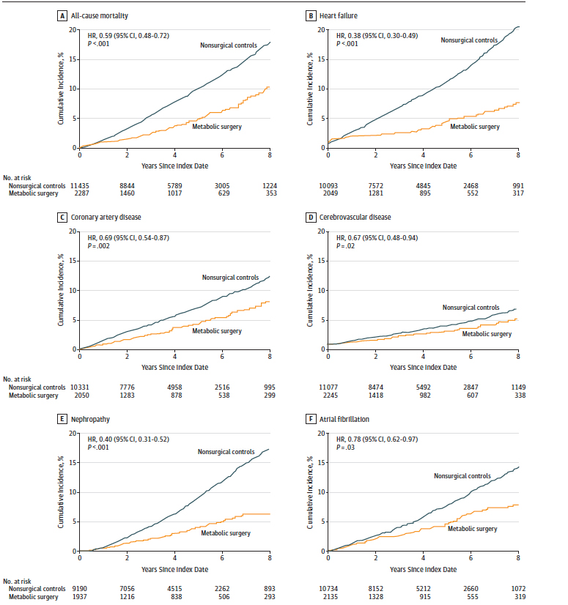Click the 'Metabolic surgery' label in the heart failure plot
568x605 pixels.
coord(475,127)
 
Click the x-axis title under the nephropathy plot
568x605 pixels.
coord(175,568)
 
